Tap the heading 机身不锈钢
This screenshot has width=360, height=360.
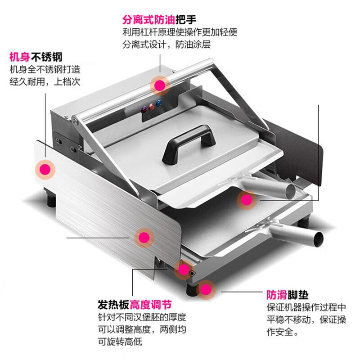click(x=36, y=58)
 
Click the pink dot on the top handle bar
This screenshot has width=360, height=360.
click(x=159, y=84)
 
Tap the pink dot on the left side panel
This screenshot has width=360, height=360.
click(x=45, y=169)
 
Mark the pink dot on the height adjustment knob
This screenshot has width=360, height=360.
click(x=183, y=269)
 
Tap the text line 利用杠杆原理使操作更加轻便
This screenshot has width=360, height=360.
click(x=180, y=32)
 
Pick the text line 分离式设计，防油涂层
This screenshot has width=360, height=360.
click(x=166, y=45)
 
